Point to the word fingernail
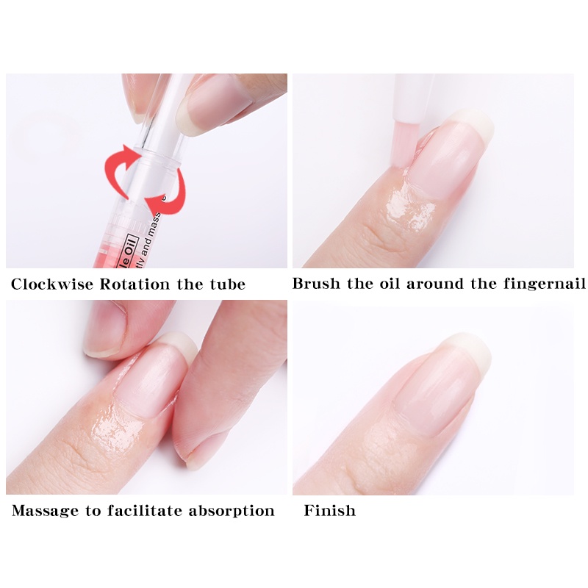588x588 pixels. [545, 284]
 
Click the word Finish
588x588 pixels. [329, 510]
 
